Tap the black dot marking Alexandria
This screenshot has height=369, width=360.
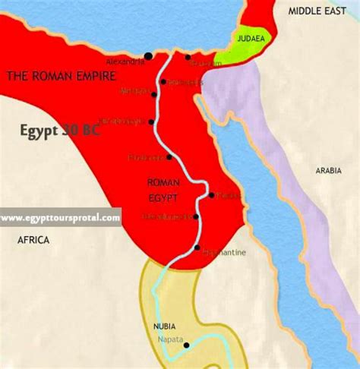coord(149,56)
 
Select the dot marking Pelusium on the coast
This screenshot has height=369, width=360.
coord(188,56)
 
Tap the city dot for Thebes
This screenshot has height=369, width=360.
coord(211,195)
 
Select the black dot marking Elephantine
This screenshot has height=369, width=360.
coord(197,248)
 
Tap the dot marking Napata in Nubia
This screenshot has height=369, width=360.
coord(187,345)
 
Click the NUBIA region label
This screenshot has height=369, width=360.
coord(165,328)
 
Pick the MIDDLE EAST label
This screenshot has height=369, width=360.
coord(317,11)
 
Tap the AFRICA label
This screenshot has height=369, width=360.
coord(34,240)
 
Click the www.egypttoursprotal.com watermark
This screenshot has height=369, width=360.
coord(60,218)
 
